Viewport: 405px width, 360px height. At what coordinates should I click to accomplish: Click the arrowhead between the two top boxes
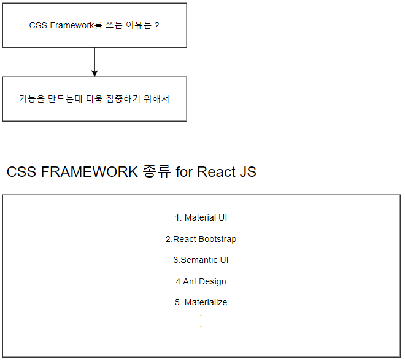(94, 72)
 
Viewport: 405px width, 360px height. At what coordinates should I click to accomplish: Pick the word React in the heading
(215, 172)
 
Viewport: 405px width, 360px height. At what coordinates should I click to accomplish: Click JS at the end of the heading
(246, 172)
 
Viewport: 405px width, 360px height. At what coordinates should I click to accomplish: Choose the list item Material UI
(201, 217)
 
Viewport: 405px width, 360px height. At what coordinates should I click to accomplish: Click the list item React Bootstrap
(201, 239)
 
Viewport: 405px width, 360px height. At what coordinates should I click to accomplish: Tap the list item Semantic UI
(201, 260)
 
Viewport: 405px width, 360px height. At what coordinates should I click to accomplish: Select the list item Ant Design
(201, 281)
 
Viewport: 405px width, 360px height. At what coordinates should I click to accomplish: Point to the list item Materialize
(201, 302)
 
